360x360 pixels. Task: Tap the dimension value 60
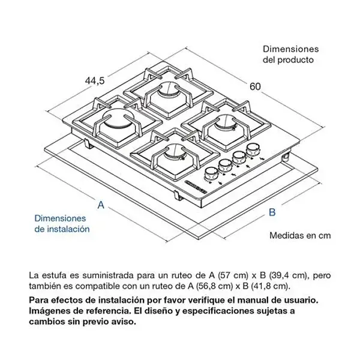(255, 86)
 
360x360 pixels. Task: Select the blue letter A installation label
(101, 205)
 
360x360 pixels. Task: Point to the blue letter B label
(271, 212)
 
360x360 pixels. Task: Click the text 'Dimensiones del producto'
(290, 54)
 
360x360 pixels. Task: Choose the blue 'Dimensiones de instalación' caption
(62, 224)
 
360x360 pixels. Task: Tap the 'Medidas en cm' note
(300, 235)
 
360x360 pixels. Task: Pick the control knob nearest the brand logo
(211, 173)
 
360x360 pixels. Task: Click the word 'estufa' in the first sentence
(53, 275)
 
